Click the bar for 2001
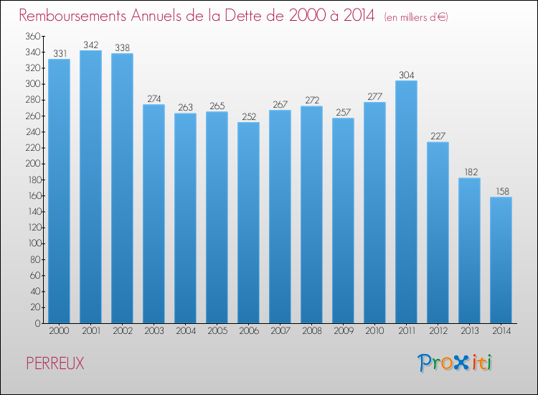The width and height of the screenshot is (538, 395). (x=90, y=187)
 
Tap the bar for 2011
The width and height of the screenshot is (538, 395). (x=406, y=202)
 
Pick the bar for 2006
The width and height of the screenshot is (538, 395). (x=248, y=223)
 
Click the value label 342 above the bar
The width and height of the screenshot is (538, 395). (x=90, y=45)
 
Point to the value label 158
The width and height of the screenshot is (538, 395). (x=501, y=191)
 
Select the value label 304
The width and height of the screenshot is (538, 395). (x=406, y=75)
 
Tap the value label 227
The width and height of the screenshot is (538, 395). (x=438, y=136)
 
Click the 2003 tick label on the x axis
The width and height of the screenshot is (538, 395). (x=154, y=331)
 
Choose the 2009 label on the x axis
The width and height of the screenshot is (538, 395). (x=343, y=331)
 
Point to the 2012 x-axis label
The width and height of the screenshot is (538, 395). (x=438, y=331)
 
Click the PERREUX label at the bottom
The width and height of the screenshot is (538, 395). (x=55, y=364)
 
